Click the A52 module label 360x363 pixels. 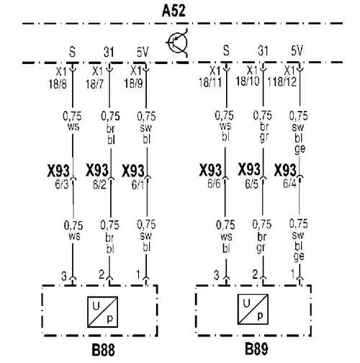click(174, 11)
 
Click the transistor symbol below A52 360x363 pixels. click(177, 43)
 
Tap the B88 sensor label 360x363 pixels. click(103, 349)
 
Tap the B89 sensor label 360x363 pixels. click(256, 349)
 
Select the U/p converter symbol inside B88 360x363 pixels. click(102, 312)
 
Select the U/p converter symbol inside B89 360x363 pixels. click(253, 309)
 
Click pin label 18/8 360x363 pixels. click(58, 84)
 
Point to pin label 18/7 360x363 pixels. click(94, 84)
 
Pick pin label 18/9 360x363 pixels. click(133, 84)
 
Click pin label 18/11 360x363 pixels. click(210, 82)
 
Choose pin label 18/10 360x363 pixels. click(248, 81)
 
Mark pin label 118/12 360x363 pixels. click(282, 82)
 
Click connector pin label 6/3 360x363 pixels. click(62, 184)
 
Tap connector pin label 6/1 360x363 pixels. click(138, 185)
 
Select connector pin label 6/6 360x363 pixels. click(214, 184)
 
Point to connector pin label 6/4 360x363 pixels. click(289, 184)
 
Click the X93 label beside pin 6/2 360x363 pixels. click(97, 170)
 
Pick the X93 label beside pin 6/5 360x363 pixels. click(249, 169)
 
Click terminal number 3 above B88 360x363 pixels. click(64, 276)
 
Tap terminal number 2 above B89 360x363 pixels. click(255, 274)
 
